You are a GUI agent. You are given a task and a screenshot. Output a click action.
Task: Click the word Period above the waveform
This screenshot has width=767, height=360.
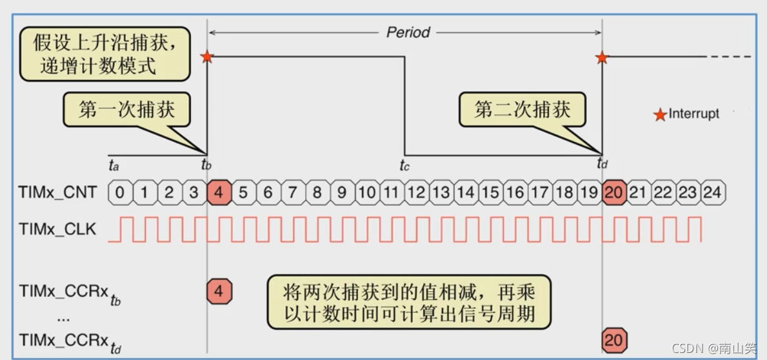click(x=408, y=32)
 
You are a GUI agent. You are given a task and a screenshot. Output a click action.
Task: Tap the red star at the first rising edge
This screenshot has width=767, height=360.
click(x=206, y=57)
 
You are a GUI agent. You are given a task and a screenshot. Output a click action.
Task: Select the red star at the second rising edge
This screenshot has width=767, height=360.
click(x=601, y=58)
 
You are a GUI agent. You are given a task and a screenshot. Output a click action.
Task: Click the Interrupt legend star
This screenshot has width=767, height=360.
click(x=660, y=115)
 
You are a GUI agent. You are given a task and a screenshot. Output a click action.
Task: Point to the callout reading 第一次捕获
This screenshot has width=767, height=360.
click(x=127, y=110)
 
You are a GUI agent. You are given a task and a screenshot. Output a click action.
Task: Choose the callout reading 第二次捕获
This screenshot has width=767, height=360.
click(x=523, y=110)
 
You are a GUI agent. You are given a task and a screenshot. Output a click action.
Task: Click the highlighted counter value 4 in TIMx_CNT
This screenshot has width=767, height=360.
click(x=219, y=192)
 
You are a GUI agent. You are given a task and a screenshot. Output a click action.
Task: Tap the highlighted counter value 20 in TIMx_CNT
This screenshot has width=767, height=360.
click(x=613, y=192)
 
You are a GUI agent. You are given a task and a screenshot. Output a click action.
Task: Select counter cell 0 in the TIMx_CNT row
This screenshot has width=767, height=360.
click(x=120, y=192)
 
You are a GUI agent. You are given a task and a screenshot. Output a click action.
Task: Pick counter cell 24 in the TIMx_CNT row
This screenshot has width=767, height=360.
click(x=712, y=192)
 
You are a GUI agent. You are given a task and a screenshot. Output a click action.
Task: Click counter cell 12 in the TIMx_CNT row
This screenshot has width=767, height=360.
click(x=416, y=192)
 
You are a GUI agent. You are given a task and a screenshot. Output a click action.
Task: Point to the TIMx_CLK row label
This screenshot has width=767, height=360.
click(x=57, y=229)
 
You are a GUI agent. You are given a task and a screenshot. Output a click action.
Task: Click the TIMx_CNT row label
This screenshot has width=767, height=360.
click(x=57, y=192)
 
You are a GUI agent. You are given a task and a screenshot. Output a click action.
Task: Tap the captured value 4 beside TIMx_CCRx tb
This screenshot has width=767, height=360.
click(x=219, y=292)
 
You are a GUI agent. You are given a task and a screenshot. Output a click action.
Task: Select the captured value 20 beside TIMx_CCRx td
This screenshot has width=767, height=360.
click(x=613, y=339)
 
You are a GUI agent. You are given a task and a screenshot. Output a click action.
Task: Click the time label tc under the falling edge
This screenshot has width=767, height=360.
click(x=404, y=165)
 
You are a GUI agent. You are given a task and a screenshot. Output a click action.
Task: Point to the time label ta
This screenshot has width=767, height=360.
click(x=114, y=165)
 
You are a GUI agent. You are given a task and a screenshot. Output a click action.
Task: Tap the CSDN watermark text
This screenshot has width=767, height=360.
click(x=713, y=348)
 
